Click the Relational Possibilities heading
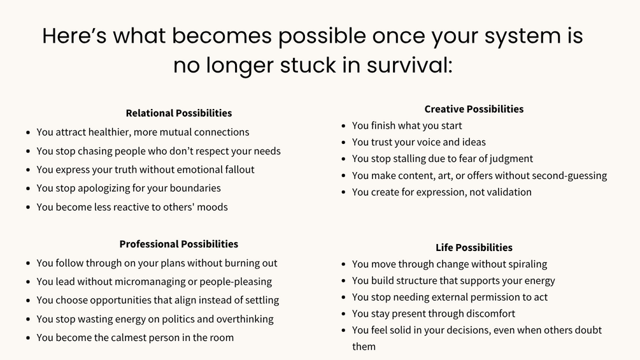[179, 113]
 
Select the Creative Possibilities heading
[474, 109]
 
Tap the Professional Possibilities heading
[179, 244]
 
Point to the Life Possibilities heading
[474, 247]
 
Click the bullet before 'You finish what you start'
[344, 126]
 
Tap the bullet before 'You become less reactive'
[28, 207]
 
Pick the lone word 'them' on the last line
[364, 347]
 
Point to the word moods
[212, 207]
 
